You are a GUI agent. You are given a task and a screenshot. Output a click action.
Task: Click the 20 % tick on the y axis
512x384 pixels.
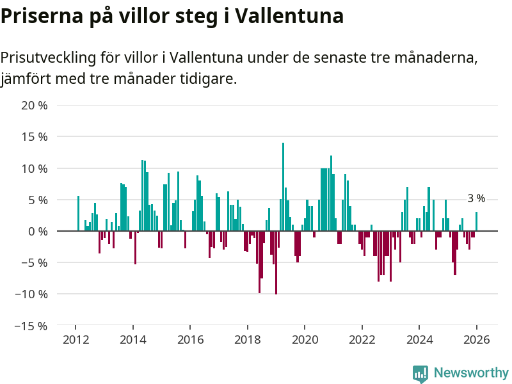pyautogui.click(x=35, y=105)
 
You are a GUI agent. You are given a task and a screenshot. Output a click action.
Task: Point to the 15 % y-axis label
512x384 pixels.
pyautogui.click(x=35, y=136)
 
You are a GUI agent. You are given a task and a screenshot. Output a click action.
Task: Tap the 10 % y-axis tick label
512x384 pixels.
pyautogui.click(x=35, y=168)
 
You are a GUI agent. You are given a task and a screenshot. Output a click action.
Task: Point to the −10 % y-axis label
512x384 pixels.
pyautogui.click(x=31, y=294)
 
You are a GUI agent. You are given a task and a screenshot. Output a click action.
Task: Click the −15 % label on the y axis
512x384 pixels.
pyautogui.click(x=31, y=326)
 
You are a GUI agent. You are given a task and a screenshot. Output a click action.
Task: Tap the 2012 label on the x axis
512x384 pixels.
pyautogui.click(x=76, y=340)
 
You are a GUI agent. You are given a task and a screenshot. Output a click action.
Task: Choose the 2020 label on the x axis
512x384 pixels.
pyautogui.click(x=305, y=340)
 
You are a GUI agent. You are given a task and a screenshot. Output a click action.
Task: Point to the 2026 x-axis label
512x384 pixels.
pyautogui.click(x=477, y=340)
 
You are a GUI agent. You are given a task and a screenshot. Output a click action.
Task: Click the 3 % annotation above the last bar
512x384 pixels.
pyautogui.click(x=476, y=199)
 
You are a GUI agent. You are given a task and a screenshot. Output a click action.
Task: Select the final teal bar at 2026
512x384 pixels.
pyautogui.click(x=476, y=221)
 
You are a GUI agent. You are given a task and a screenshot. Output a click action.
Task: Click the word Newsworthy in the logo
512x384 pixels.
pyautogui.click(x=471, y=372)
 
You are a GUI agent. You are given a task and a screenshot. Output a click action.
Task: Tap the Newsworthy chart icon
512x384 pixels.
pyautogui.click(x=420, y=374)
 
